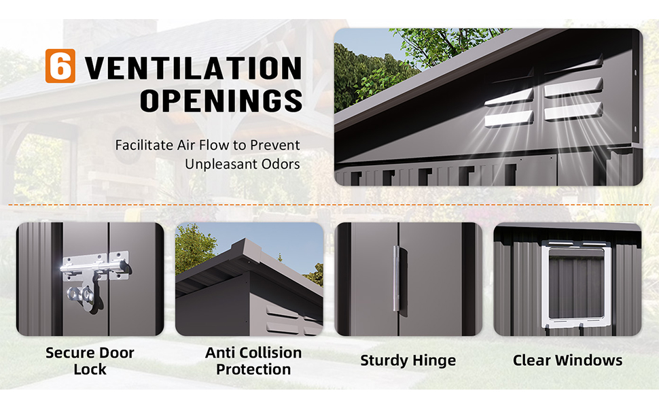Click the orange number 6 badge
(60, 65)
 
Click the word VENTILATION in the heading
(194, 68)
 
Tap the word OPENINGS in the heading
(221, 101)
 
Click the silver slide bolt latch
(94, 267)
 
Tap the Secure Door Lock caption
(90, 361)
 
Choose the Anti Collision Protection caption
(253, 361)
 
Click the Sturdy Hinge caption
(408, 360)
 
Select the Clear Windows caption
(568, 360)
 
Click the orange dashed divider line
(329, 205)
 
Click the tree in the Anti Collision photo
(194, 248)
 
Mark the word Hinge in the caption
(434, 361)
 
